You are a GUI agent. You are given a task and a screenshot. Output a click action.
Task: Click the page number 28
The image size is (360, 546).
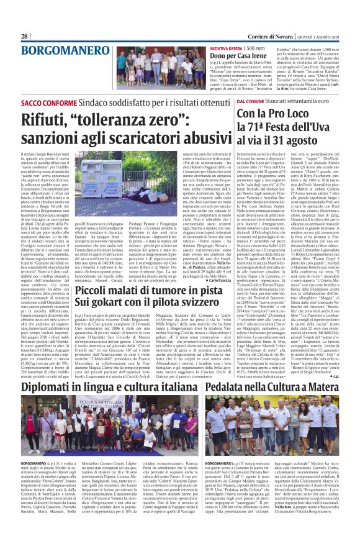[x=24, y=36]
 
